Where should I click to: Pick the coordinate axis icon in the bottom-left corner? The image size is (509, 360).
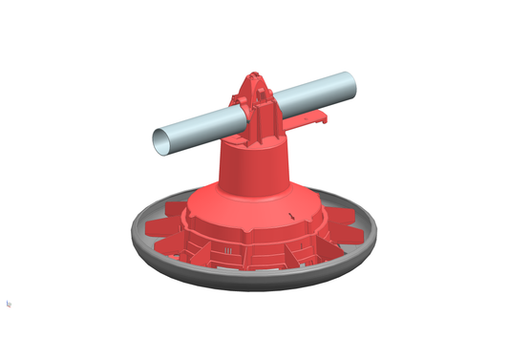9,304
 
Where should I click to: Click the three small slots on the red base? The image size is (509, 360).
229,251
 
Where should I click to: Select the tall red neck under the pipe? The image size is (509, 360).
253,162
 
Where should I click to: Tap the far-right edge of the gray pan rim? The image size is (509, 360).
375,232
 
